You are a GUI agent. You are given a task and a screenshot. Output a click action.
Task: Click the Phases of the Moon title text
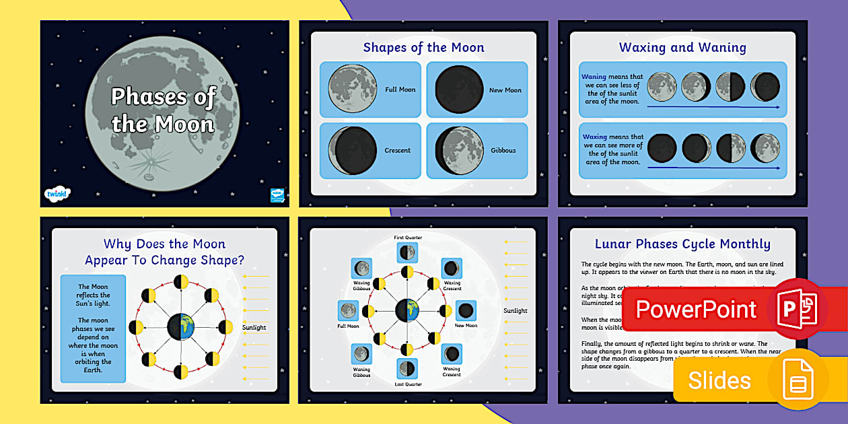tap(163, 110)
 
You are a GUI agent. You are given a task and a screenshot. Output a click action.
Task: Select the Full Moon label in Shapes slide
tap(400, 90)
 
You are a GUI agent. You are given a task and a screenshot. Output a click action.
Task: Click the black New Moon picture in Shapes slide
tap(459, 90)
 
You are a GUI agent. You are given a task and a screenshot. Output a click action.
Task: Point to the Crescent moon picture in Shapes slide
tap(352, 150)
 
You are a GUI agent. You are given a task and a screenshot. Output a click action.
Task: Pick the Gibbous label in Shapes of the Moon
tap(503, 150)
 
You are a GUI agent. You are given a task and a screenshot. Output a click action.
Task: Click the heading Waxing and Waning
tap(682, 48)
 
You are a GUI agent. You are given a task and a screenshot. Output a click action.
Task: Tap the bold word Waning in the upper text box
tap(594, 77)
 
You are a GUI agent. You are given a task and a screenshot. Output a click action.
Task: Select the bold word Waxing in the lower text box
tap(594, 137)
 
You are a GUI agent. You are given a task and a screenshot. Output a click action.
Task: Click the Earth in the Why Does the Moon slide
tap(180, 327)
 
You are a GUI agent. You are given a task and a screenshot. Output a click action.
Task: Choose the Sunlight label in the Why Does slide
tap(254, 328)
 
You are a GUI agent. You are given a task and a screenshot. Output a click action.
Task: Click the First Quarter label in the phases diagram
tap(408, 238)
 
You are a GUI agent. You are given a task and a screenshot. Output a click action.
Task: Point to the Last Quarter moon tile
tap(407, 368)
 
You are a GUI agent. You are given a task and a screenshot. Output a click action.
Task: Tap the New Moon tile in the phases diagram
tap(466, 311)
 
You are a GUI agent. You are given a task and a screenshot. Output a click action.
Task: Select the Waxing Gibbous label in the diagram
tap(362, 285)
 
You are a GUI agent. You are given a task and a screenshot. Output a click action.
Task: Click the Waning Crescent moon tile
tap(451, 353)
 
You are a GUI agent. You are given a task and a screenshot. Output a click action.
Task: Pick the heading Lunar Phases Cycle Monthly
tap(682, 244)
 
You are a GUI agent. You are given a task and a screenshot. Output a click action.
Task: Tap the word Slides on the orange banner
tap(719, 380)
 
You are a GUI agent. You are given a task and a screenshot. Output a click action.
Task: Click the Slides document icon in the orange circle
tap(798, 380)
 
